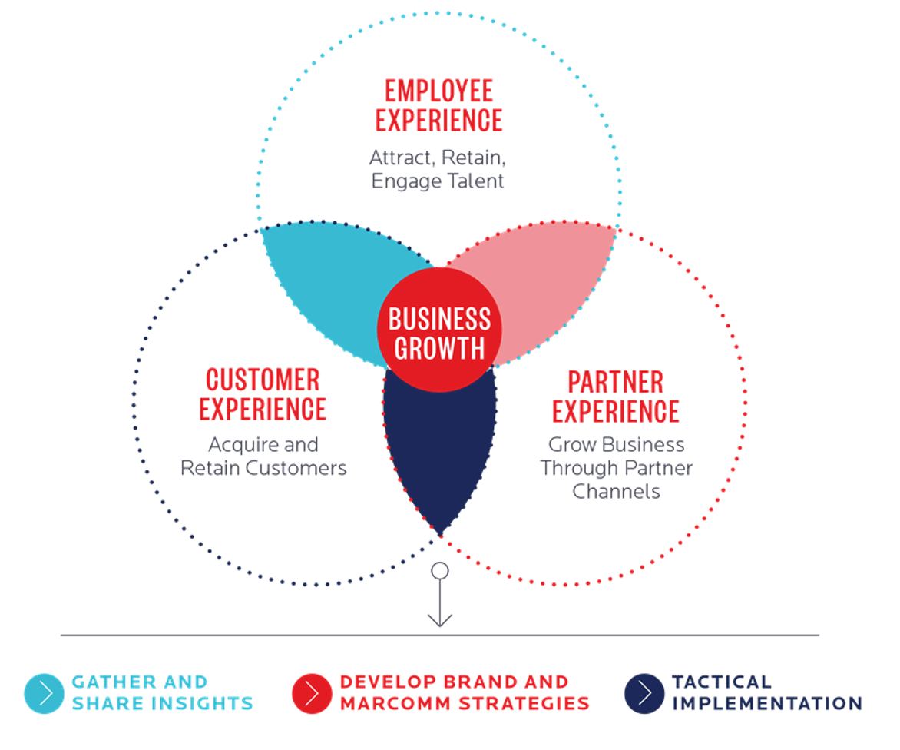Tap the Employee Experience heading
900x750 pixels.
438,105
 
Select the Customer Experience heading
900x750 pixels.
263,394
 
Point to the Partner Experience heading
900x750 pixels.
616,397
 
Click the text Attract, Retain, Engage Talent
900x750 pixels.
438,169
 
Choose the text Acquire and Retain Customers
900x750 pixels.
263,456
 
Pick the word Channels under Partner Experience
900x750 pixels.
616,491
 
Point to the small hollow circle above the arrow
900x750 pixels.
439,570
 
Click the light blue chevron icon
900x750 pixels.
44,693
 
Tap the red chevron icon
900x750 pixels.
312,693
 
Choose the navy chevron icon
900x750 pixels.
644,693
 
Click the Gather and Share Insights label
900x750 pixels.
162,692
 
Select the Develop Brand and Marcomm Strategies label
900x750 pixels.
465,692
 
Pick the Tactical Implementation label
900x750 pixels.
766,692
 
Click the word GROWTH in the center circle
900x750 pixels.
439,348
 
